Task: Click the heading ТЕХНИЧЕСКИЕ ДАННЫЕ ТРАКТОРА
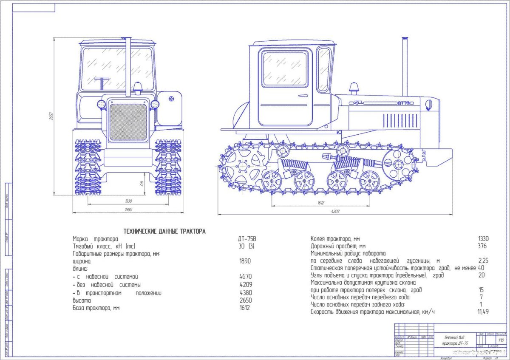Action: (164, 231)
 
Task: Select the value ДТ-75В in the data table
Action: (248, 239)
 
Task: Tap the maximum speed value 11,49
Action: (483, 312)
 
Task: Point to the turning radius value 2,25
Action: (483, 261)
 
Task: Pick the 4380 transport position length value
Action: (245, 293)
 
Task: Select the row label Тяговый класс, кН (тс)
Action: (104, 246)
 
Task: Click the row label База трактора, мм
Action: (96, 308)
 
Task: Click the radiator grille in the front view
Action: (128, 122)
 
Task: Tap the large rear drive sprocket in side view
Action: (242, 166)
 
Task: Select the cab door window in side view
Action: (284, 69)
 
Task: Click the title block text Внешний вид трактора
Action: (455, 340)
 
